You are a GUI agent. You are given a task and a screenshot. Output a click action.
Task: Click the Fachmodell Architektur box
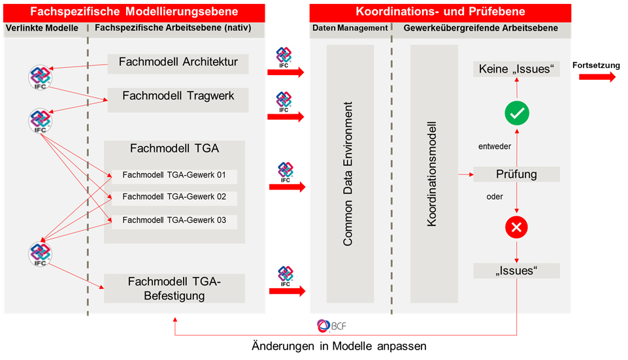pyautogui.click(x=178, y=63)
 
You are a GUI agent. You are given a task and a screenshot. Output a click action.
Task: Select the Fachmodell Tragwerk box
pyautogui.click(x=178, y=96)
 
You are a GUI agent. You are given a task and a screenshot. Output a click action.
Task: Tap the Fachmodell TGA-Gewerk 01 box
pyautogui.click(x=174, y=176)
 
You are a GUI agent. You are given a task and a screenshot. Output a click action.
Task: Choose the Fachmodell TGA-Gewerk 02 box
pyautogui.click(x=174, y=197)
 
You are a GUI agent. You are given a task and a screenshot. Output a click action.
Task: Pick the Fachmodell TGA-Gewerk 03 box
pyautogui.click(x=174, y=220)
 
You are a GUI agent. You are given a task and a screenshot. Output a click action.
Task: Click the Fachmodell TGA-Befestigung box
pyautogui.click(x=175, y=288)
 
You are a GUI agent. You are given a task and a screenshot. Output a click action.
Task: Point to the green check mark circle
pyautogui.click(x=517, y=114)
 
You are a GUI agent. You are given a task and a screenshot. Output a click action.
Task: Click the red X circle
pyautogui.click(x=517, y=227)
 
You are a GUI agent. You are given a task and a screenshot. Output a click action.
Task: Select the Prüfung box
pyautogui.click(x=517, y=174)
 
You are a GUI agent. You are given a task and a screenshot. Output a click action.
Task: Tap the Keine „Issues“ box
pyautogui.click(x=517, y=69)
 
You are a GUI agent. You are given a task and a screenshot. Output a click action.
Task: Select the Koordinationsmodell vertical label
pyautogui.click(x=431, y=174)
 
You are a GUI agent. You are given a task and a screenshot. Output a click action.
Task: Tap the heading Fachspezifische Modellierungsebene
pyautogui.click(x=134, y=12)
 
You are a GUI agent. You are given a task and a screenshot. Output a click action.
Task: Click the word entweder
pyautogui.click(x=495, y=146)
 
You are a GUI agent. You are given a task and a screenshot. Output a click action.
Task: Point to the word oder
pyautogui.click(x=495, y=197)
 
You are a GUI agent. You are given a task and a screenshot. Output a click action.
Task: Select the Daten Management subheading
pyautogui.click(x=350, y=28)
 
